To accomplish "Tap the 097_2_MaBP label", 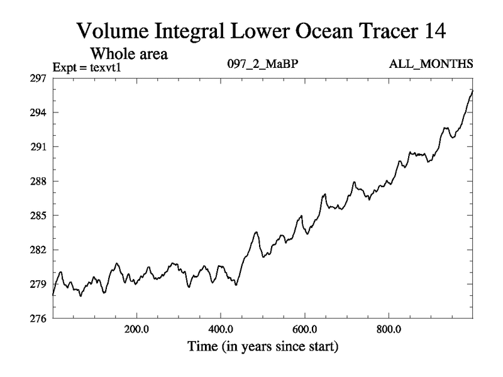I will point(257,65).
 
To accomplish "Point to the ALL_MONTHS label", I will point(432,65).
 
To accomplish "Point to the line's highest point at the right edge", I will point(472,90).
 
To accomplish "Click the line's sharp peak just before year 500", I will point(256,232).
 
